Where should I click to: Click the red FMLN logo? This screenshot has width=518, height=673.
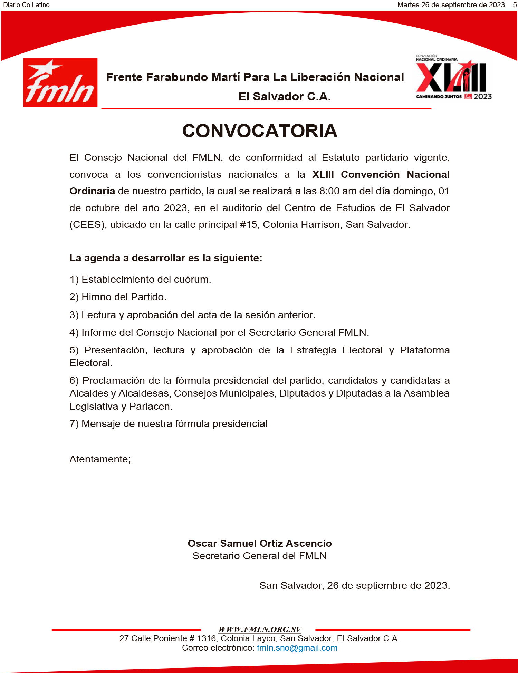click(x=60, y=82)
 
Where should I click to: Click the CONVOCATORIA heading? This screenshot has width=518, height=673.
click(x=260, y=131)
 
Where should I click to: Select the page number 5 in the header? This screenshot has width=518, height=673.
click(x=515, y=5)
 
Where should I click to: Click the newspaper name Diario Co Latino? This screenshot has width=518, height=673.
click(x=26, y=5)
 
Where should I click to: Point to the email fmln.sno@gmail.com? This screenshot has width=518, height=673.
click(x=297, y=648)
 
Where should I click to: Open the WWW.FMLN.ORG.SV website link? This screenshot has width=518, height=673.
click(x=260, y=629)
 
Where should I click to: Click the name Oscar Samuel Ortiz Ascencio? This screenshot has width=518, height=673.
click(x=260, y=543)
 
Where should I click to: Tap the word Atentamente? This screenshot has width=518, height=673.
click(x=100, y=459)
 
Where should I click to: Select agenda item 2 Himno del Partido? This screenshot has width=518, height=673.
click(x=118, y=297)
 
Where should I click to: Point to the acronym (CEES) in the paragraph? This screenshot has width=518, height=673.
click(x=88, y=225)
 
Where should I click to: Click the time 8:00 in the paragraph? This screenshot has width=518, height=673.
click(x=329, y=191)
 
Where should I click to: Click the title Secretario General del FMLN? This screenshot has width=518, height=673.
click(x=260, y=556)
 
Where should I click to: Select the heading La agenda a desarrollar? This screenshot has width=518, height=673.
click(x=166, y=258)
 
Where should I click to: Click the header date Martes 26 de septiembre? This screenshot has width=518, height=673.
click(x=451, y=5)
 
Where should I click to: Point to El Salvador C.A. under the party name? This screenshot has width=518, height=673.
click(x=285, y=96)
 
